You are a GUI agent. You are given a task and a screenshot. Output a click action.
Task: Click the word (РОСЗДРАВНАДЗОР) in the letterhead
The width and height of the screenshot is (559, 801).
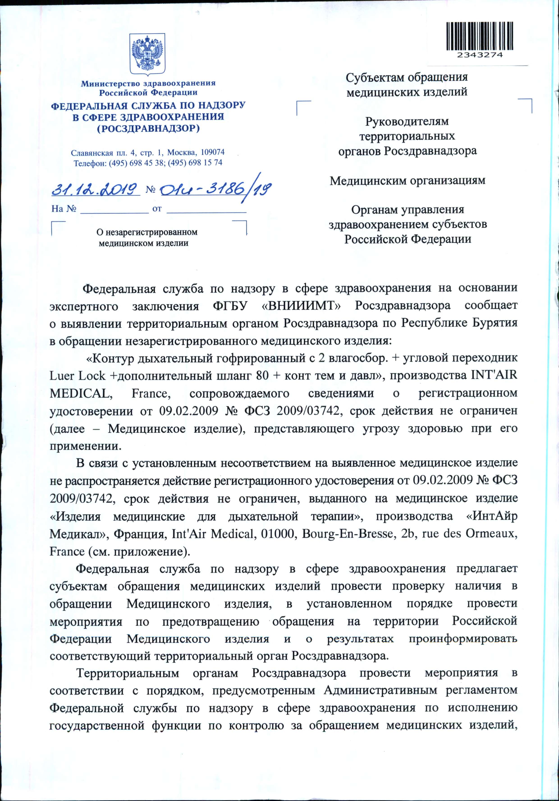[x=148, y=128]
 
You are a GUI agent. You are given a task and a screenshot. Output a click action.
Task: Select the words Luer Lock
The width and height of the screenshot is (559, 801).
[x=77, y=376]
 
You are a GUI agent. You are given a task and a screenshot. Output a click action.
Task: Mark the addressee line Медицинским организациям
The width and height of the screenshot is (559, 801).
[x=407, y=181]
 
